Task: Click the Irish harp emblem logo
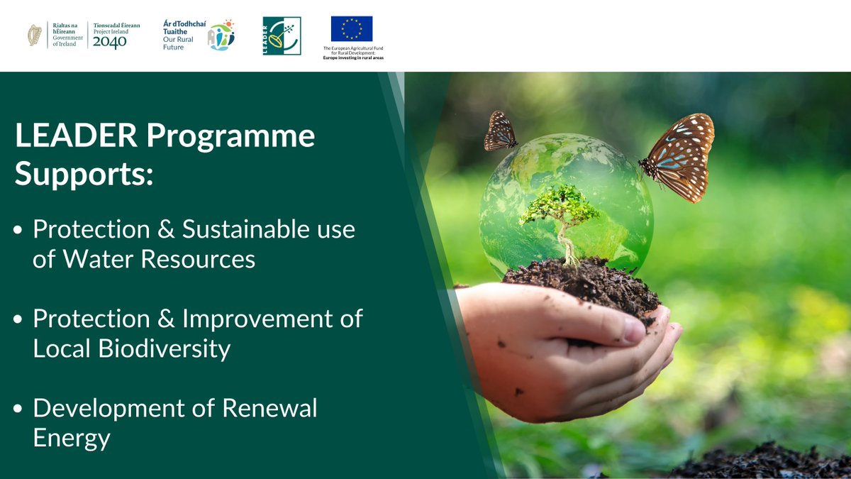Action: click(x=34, y=35)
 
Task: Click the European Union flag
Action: click(x=351, y=29)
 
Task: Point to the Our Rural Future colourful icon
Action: click(x=221, y=35)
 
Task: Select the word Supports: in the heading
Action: click(x=84, y=175)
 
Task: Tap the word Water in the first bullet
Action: click(x=101, y=259)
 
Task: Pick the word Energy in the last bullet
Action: click(x=72, y=438)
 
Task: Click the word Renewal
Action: click(x=269, y=408)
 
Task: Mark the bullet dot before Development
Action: click(x=18, y=409)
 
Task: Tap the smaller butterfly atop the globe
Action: click(x=500, y=131)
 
